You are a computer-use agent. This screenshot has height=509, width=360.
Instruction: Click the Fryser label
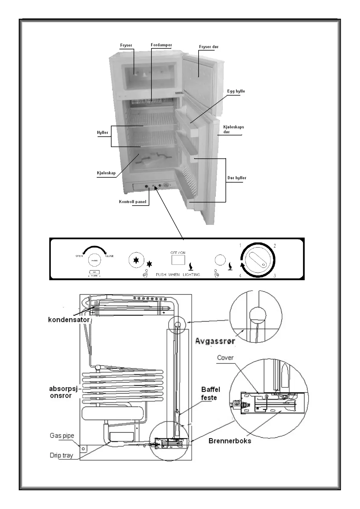click(126, 45)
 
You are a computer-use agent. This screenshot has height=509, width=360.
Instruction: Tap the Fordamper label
click(161, 45)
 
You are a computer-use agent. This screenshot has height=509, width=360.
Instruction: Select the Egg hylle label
click(236, 91)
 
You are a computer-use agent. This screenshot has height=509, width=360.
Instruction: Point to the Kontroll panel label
click(132, 202)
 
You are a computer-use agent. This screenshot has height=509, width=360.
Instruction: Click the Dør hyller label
click(237, 178)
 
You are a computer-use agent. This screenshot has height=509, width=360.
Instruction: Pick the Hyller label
click(102, 132)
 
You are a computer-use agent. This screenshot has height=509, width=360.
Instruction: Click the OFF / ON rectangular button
click(178, 260)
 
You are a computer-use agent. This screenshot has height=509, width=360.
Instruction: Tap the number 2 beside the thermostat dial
click(275, 246)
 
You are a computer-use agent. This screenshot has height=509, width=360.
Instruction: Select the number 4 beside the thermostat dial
click(240, 276)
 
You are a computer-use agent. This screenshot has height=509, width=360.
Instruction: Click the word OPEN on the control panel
click(79, 256)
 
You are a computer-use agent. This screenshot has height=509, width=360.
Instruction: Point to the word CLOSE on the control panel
click(109, 256)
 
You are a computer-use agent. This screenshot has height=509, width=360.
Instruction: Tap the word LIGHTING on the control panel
click(191, 274)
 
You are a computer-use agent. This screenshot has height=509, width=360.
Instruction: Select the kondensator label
click(69, 319)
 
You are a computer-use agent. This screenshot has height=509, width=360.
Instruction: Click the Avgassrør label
click(215, 341)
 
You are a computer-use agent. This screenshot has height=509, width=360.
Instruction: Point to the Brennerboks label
click(230, 441)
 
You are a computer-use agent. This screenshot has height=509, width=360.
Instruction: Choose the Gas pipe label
click(62, 436)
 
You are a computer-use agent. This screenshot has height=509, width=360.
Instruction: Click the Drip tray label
click(61, 455)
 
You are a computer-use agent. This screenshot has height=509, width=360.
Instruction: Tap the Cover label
click(225, 358)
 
